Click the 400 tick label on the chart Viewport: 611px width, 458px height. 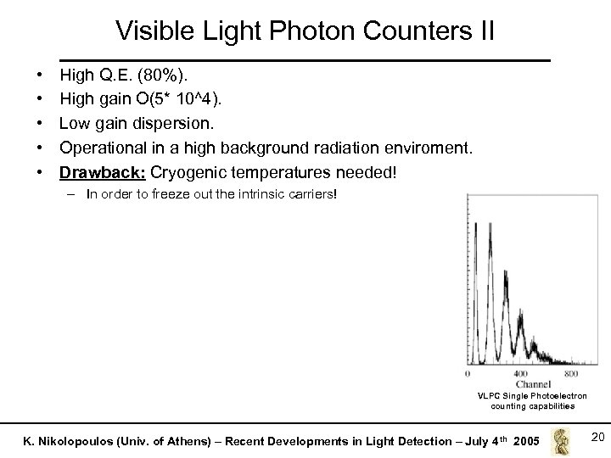(x=522, y=374)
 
